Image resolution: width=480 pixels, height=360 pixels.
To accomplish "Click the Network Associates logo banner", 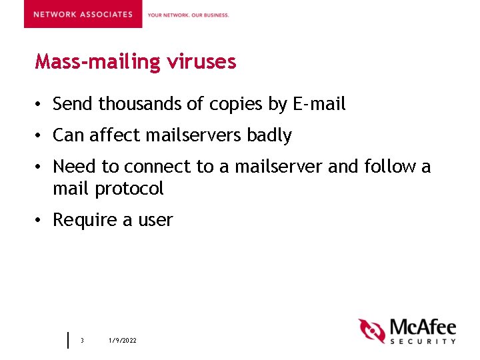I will coord(83,14).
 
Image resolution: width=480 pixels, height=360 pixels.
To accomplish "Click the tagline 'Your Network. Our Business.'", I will coord(188,15).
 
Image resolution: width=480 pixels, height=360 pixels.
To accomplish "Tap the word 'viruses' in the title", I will coord(201,62).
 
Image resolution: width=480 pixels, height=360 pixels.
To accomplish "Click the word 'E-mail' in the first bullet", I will coord(319,104).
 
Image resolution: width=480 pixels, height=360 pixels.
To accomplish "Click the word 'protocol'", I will coord(129,189).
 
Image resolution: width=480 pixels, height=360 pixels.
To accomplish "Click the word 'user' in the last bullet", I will coord(155,221).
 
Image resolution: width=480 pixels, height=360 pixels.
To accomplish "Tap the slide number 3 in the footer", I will coord(82,341).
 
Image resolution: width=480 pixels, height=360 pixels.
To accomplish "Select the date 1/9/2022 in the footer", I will coord(123,341).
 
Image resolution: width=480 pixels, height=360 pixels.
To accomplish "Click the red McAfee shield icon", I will coord(372,331).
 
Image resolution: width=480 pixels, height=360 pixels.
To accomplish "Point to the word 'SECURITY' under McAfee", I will coord(423,341).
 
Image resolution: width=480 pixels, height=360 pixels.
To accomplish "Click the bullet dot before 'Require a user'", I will coord(41,221).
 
